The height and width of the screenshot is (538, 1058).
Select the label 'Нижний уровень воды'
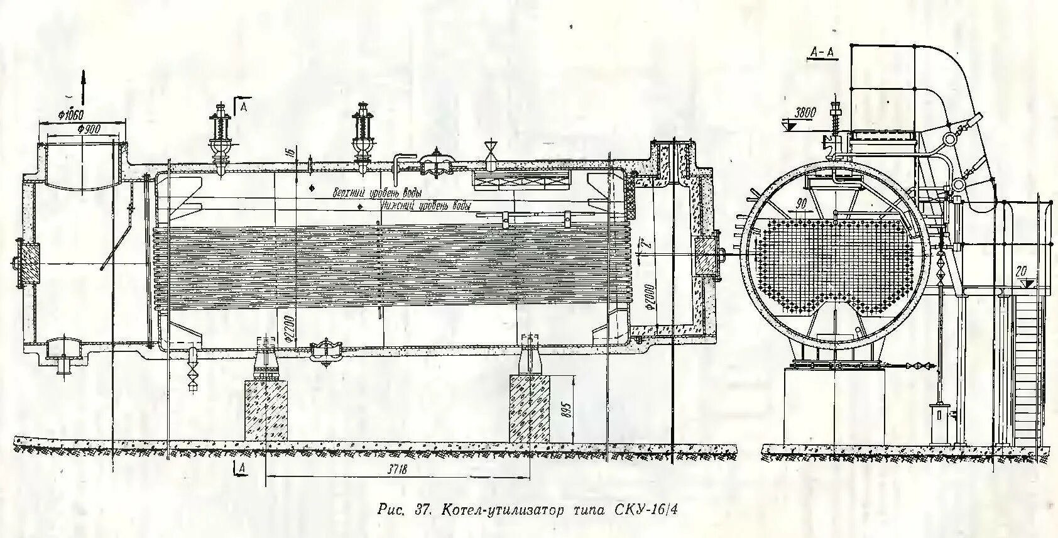pos(425,206)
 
